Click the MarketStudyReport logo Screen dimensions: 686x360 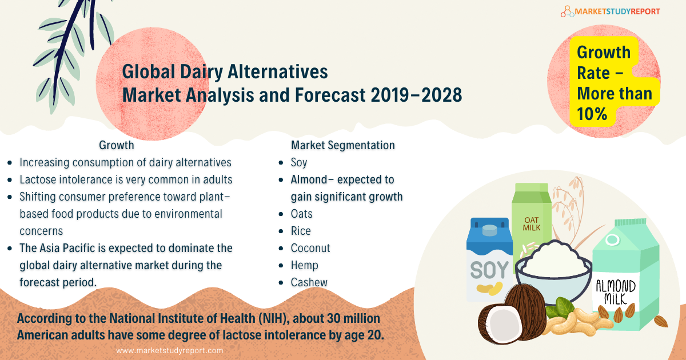(x=610, y=11)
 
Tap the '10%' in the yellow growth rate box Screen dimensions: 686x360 (x=592, y=114)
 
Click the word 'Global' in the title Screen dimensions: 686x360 (x=149, y=71)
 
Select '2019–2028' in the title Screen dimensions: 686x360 (x=416, y=95)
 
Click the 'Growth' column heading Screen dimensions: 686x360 (x=117, y=145)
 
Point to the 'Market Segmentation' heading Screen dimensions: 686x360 (x=342, y=145)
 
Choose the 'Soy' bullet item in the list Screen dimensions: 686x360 (x=299, y=162)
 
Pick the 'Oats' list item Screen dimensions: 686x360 (x=302, y=214)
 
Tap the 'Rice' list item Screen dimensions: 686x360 (x=301, y=231)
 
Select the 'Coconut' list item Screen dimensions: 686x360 (x=310, y=248)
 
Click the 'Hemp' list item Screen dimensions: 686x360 (x=304, y=265)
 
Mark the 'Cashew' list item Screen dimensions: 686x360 (x=309, y=282)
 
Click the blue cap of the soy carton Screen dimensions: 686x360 (x=489, y=230)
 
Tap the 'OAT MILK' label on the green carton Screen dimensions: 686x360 (x=531, y=224)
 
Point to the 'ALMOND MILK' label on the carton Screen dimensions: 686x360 (x=616, y=293)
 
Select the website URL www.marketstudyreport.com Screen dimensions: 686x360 (x=170, y=350)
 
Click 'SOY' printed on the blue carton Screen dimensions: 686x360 (x=489, y=270)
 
